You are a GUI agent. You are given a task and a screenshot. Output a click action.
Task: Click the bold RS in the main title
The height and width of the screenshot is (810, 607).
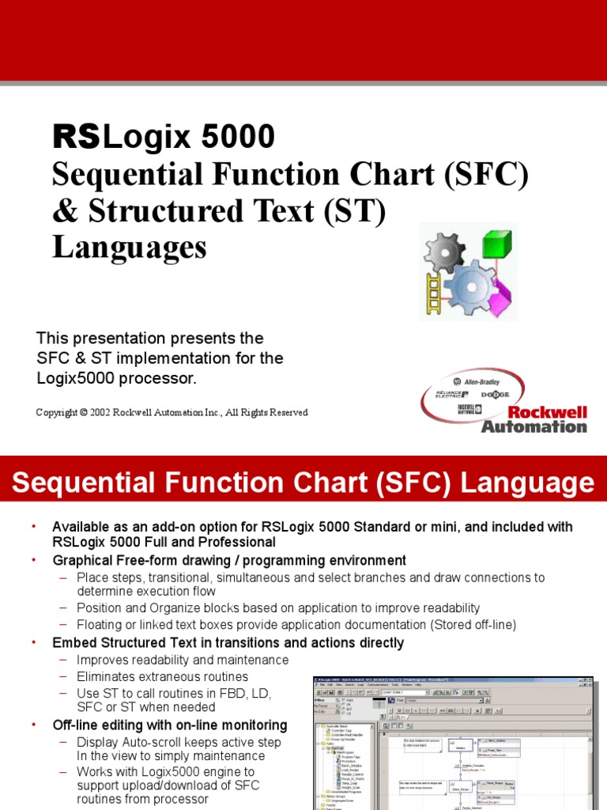pyautogui.click(x=76, y=138)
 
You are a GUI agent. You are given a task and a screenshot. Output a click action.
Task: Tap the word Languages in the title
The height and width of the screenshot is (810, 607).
pyautogui.click(x=130, y=248)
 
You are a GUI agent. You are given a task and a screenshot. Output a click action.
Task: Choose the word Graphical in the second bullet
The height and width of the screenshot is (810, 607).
pyautogui.click(x=81, y=560)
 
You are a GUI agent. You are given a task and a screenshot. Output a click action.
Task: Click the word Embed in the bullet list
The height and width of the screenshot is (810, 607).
pyautogui.click(x=71, y=643)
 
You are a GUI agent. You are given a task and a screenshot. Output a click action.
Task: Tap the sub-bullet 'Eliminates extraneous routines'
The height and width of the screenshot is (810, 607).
pyautogui.click(x=162, y=676)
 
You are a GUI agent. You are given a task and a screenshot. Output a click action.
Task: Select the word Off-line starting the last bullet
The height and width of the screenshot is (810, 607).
pyautogui.click(x=77, y=725)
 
